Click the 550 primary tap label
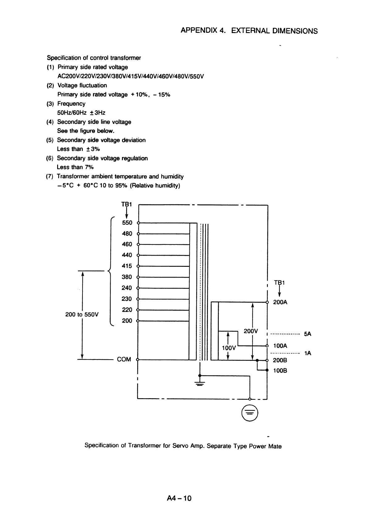pyautogui.click(x=127, y=223)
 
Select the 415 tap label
pyautogui.click(x=127, y=266)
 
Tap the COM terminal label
pyautogui.click(x=124, y=359)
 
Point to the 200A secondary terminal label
pyautogui.click(x=280, y=302)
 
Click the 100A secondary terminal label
pyautogui.click(x=280, y=346)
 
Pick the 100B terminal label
pyautogui.click(x=280, y=370)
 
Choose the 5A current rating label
pyautogui.click(x=308, y=334)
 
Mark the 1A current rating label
pyautogui.click(x=308, y=353)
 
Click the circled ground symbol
pyautogui.click(x=250, y=413)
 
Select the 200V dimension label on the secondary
pyautogui.click(x=251, y=331)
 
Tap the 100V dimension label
pyautogui.click(x=229, y=348)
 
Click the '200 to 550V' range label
pyautogui.click(x=82, y=314)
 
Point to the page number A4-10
pyautogui.click(x=179, y=498)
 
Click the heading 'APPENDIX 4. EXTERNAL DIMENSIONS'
pyautogui.click(x=249, y=31)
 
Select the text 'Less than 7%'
pyautogui.click(x=75, y=167)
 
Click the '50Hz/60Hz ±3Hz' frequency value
pyautogui.click(x=81, y=113)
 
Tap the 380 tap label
pyautogui.click(x=127, y=277)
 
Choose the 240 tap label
pyautogui.click(x=127, y=288)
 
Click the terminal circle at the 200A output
pyautogui.click(x=267, y=302)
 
